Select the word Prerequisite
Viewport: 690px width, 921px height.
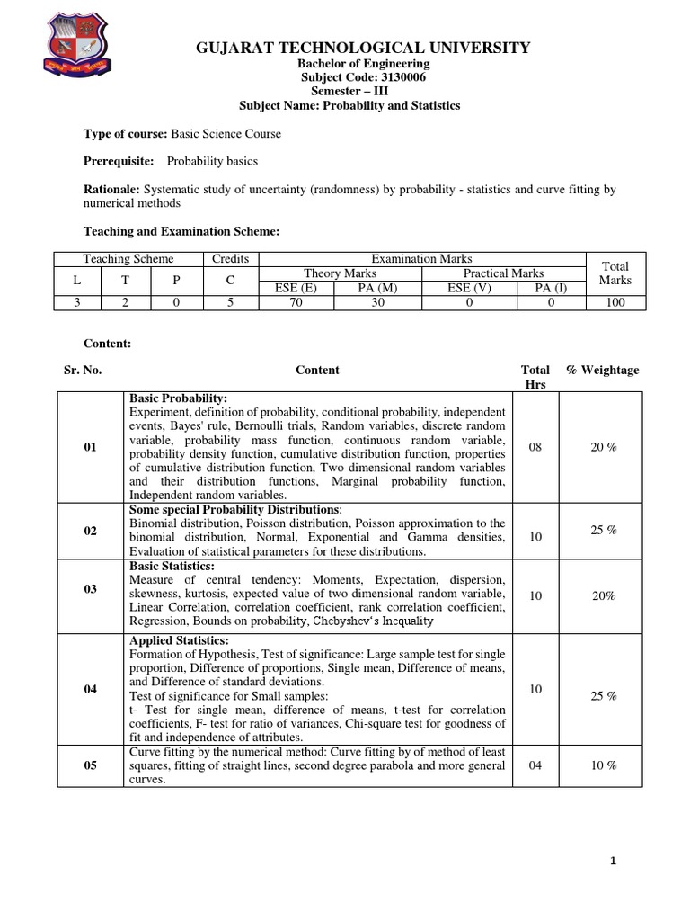(x=119, y=161)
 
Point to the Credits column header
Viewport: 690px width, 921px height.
(x=230, y=258)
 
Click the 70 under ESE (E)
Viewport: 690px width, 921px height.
(x=295, y=302)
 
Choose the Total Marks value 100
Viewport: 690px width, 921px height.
(x=615, y=302)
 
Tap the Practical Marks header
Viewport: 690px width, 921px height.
(x=503, y=273)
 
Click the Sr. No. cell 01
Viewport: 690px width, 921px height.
(x=90, y=447)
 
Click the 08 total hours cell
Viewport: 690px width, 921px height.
(x=535, y=447)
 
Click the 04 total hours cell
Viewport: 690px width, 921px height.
(x=535, y=765)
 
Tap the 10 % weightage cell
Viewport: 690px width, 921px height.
(x=604, y=765)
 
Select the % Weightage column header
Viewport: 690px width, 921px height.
(x=603, y=370)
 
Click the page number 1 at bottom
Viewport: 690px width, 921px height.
(x=613, y=861)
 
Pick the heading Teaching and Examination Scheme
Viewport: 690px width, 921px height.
(x=181, y=231)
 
